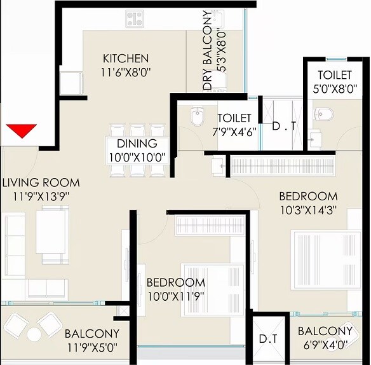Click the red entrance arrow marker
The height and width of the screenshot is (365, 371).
(21, 131)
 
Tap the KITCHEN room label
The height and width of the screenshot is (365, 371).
(126, 59)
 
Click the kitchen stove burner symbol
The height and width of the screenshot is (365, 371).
(134, 19)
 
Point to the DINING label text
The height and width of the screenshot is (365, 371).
(137, 144)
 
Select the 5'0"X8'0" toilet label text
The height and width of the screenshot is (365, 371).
(335, 90)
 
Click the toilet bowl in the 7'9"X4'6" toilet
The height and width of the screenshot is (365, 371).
(196, 118)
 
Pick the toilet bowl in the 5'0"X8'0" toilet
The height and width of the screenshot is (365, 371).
(325, 114)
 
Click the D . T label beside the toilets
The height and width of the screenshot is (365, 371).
(281, 126)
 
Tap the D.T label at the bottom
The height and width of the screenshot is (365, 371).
(268, 340)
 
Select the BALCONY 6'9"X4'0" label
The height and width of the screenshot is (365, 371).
(325, 331)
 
